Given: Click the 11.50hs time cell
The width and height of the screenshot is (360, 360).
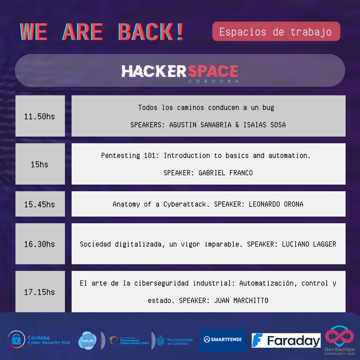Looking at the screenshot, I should pos(40,116).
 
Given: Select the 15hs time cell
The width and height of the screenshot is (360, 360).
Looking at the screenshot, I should pos(40,164).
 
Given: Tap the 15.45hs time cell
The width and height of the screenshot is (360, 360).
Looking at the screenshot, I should pos(40,204).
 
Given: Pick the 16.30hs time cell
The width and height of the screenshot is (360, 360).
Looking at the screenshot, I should pos(40,244).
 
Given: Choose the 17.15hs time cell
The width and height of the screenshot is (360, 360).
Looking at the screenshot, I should pos(40,292).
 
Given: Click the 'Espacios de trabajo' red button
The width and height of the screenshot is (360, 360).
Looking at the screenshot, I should pos(276,32).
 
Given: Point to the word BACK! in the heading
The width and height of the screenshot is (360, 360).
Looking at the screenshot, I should pos(151,32).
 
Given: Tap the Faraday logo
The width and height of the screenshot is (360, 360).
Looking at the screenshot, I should pos(286,340).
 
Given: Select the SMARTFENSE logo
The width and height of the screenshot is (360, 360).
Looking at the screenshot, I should pos(223,340).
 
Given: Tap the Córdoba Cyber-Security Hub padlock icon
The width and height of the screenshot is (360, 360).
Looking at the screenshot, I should pos(16,339).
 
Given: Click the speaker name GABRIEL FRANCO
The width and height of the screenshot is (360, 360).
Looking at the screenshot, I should pos(225,173).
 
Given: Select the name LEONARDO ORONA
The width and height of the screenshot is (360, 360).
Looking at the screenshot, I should pos(276,204).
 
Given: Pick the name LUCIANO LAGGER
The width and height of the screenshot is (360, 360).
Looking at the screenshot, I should pos(309,244).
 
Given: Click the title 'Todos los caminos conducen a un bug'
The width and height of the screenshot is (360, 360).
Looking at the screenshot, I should pos(206,108).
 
